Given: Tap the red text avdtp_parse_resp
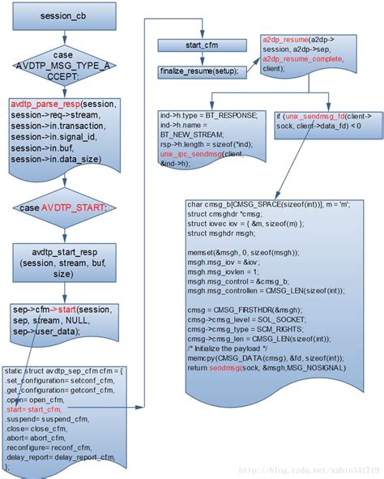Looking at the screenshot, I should click(x=41, y=105).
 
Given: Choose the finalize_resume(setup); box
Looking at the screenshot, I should click(x=199, y=71).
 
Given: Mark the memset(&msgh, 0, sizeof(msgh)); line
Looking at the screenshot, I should click(x=242, y=251).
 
